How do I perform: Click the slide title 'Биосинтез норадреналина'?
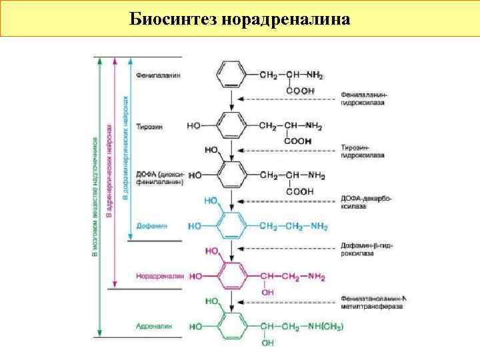(239, 18)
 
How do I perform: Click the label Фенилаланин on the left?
(158, 76)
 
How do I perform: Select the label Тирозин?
(149, 127)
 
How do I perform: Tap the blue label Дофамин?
(151, 226)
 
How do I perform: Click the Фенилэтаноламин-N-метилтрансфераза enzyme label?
(373, 302)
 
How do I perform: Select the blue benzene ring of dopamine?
(231, 227)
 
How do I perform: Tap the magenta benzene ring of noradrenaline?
(231, 276)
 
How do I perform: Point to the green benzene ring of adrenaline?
(231, 327)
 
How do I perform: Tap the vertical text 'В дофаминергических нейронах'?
(125, 147)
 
